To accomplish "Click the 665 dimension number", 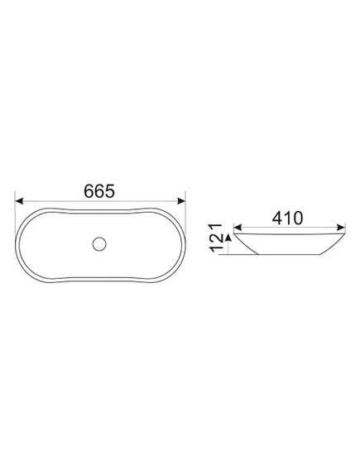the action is (99, 191).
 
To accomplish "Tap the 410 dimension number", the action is (288, 218).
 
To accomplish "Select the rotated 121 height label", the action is (216, 238).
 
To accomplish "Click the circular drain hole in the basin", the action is (99, 244).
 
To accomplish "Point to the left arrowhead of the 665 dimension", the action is (19, 201).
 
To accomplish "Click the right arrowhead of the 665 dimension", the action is (181, 201).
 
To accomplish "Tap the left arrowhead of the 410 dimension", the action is (238, 227).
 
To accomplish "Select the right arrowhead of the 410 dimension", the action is (342, 227).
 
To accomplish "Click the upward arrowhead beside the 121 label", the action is (228, 238).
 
